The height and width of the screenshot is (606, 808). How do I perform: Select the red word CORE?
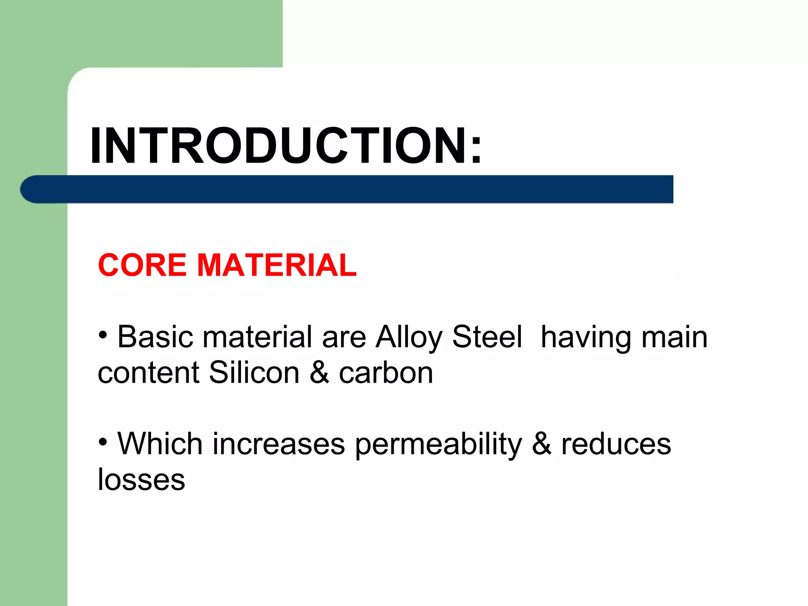[x=142, y=265]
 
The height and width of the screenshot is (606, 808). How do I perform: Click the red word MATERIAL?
[x=277, y=265]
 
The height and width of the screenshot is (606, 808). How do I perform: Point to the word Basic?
[x=155, y=337]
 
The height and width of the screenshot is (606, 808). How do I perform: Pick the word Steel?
[x=487, y=337]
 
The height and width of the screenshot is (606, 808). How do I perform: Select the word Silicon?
[x=254, y=372]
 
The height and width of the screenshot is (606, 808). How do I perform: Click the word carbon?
[x=386, y=372]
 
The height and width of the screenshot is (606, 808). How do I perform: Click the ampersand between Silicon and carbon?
[x=319, y=372]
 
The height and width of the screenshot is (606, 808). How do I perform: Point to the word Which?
[x=160, y=444]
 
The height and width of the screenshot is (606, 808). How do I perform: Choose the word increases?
[x=279, y=444]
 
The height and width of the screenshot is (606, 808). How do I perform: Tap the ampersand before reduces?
[x=541, y=444]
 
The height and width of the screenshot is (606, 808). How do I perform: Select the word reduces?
[x=616, y=444]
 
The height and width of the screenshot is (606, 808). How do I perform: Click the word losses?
[x=141, y=480]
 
